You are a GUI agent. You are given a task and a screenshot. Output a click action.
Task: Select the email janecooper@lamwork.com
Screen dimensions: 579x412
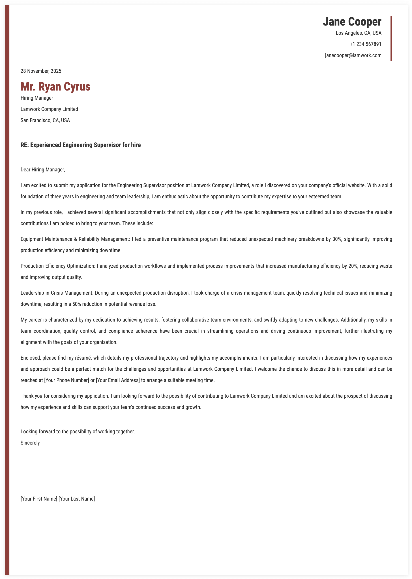pos(353,55)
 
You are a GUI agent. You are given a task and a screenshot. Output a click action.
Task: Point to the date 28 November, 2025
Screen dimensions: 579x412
pos(41,71)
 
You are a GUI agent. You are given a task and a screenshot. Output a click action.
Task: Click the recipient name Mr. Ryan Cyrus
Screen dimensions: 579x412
pos(55,86)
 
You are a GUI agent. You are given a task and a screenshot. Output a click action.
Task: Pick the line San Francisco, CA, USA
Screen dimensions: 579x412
pos(45,120)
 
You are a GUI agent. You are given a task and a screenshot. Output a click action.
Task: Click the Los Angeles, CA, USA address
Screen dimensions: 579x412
pos(358,33)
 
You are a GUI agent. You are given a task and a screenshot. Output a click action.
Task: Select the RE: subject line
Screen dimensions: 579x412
pos(80,145)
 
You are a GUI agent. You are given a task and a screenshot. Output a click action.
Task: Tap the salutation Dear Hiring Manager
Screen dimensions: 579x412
pos(43,170)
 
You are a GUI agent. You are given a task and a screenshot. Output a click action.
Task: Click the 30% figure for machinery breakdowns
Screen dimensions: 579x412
pos(336,239)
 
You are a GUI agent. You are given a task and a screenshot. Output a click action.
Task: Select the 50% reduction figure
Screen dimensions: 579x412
pos(76,304)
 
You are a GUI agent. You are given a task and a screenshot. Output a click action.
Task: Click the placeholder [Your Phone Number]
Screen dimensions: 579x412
pos(67,380)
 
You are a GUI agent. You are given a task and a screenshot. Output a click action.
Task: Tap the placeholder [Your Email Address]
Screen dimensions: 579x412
pos(118,380)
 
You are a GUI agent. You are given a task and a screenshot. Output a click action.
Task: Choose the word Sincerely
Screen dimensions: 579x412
pos(30,443)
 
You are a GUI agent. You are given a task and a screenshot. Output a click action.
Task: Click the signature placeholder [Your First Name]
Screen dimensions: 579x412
pos(39,499)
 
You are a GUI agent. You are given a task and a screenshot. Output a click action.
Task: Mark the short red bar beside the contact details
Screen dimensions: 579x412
pos(391,39)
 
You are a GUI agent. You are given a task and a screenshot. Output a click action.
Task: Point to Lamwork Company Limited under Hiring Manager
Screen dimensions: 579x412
pos(49,109)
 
